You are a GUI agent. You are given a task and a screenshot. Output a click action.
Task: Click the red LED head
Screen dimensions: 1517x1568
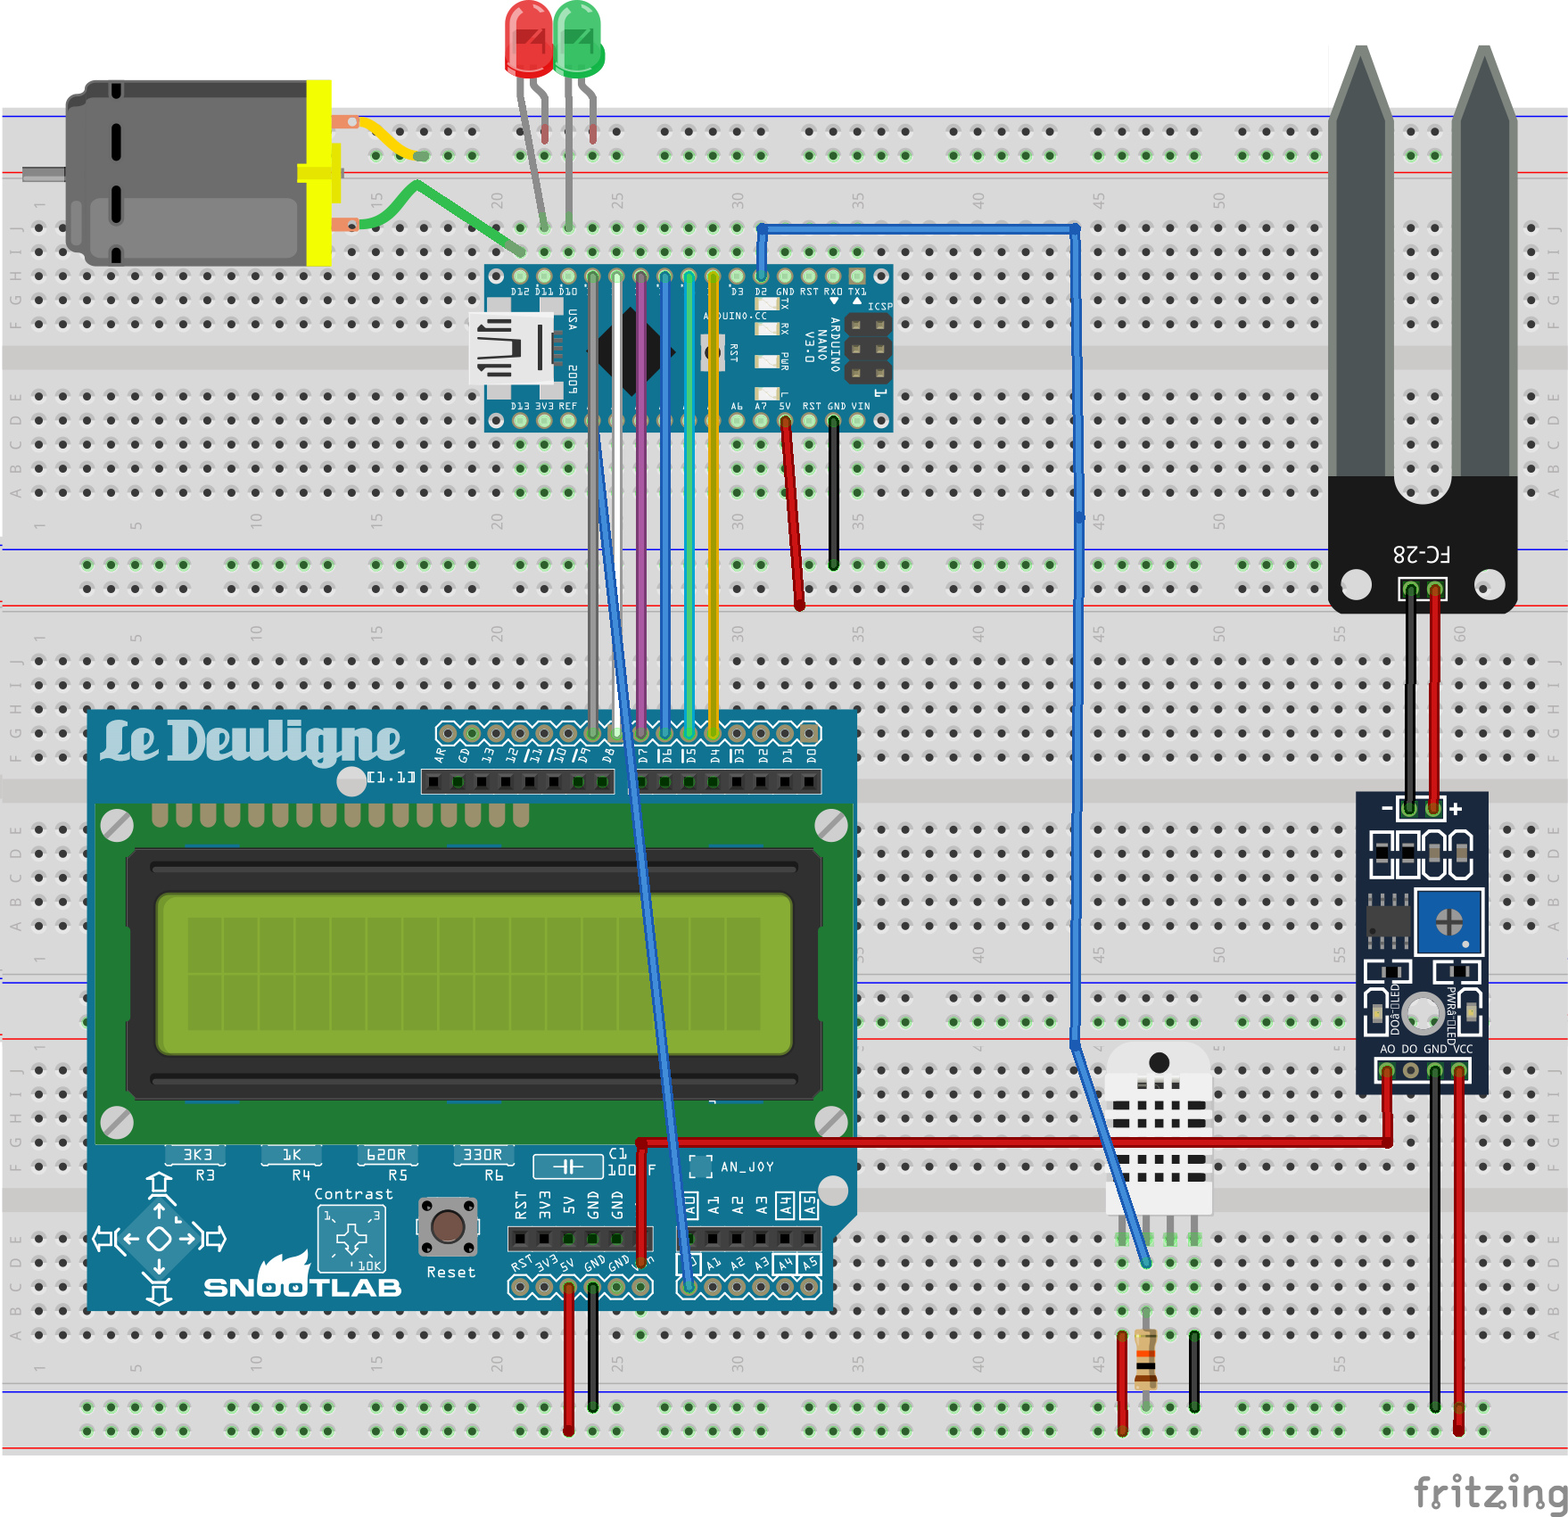(528, 39)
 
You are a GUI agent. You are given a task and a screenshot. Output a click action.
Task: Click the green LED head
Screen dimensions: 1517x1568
(578, 39)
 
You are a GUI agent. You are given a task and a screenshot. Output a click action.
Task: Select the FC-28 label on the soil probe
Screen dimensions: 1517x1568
(1422, 554)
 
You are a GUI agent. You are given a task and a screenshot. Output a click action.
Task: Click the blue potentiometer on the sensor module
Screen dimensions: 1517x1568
(1448, 921)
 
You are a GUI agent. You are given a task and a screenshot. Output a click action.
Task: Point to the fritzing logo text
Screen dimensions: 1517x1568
(1490, 1492)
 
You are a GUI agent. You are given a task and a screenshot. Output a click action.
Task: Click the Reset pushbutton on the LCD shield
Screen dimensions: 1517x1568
(447, 1227)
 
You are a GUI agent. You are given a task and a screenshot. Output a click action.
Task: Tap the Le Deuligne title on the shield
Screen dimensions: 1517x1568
(252, 742)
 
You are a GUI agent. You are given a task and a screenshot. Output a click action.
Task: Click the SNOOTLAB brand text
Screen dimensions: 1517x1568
(302, 1287)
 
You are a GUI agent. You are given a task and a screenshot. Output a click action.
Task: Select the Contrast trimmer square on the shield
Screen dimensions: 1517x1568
(351, 1238)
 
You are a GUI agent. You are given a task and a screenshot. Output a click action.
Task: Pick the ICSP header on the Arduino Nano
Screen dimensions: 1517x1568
(868, 349)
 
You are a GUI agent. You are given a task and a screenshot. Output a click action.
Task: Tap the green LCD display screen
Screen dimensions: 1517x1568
(474, 974)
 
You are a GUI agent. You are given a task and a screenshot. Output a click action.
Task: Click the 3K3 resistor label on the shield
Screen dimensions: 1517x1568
(197, 1155)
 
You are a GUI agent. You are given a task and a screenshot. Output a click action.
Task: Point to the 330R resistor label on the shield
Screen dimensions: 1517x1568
(483, 1155)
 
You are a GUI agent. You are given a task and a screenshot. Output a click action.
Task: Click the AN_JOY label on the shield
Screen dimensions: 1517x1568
(747, 1167)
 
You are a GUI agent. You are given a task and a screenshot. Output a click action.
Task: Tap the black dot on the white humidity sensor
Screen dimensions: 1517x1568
(1159, 1062)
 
